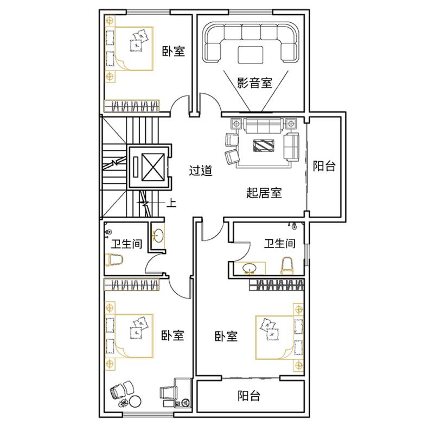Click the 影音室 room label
(x=254, y=83)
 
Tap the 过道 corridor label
(x=201, y=170)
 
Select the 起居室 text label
(x=264, y=193)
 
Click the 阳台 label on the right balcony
(x=324, y=166)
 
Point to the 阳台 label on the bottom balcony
(x=248, y=396)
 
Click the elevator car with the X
(x=153, y=167)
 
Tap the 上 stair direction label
(x=171, y=203)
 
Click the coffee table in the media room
(x=251, y=55)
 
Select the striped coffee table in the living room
(x=264, y=145)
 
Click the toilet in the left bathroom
(x=114, y=259)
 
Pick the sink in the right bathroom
(x=250, y=268)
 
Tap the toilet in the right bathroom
(x=288, y=265)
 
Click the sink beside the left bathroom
(x=158, y=236)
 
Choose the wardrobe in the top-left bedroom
(x=132, y=106)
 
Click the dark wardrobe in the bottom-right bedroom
(x=277, y=285)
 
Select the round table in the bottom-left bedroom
(x=135, y=401)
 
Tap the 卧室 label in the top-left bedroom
(x=174, y=51)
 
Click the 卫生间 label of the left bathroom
(x=126, y=243)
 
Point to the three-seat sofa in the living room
(x=264, y=125)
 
